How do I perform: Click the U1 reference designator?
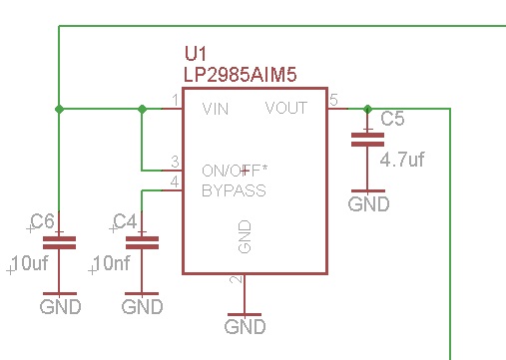click(196, 54)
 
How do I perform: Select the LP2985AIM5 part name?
click(240, 75)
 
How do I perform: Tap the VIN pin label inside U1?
click(216, 109)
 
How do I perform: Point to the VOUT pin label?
click(286, 108)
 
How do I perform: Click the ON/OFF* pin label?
click(235, 171)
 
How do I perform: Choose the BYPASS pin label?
click(234, 190)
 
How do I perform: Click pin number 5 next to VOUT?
click(333, 100)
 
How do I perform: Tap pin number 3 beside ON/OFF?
click(175, 162)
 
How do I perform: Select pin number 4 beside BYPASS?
click(175, 181)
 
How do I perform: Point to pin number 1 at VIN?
click(176, 100)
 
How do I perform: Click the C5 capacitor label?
click(392, 119)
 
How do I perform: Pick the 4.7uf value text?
click(402, 160)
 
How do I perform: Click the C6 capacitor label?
click(42, 221)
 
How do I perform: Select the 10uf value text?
click(30, 263)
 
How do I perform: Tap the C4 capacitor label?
click(125, 221)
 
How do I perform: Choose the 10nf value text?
click(112, 263)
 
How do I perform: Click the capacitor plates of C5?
click(367, 140)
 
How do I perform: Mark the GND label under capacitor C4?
click(142, 307)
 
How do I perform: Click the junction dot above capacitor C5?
click(367, 109)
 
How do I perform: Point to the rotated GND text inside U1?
click(245, 236)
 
